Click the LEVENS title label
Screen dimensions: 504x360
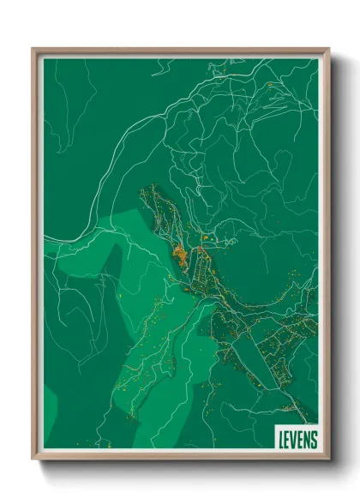297,439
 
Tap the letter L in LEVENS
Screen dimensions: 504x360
279,439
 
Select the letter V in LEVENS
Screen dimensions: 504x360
294,439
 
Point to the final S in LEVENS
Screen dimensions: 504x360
314,439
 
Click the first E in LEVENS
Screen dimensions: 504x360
286,439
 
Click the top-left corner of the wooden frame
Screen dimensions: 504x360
33,50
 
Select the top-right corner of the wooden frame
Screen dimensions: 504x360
328,50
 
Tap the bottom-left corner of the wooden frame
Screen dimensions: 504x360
33,459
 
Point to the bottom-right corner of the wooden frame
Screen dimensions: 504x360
328,459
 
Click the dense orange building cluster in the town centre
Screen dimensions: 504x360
181,254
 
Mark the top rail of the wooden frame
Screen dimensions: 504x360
180,51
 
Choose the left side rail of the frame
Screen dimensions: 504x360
35,257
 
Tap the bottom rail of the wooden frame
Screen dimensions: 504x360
180,457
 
